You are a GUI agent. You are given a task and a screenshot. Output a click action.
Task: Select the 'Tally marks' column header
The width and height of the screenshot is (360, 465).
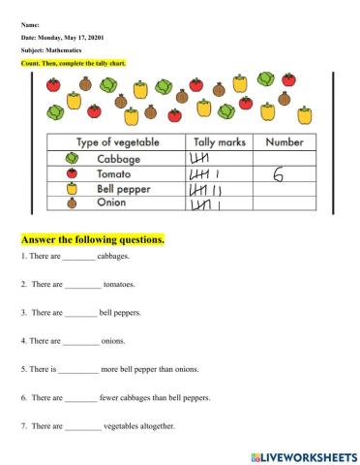(x=216, y=143)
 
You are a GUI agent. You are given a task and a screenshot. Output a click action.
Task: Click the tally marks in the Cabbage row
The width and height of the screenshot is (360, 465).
(x=200, y=159)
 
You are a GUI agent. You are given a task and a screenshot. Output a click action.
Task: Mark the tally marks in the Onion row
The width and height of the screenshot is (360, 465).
(x=206, y=205)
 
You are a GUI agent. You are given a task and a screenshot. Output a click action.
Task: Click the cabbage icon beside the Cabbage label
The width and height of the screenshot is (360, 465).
(x=71, y=159)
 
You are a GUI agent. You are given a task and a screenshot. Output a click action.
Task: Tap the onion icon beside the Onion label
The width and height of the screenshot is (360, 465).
(x=71, y=204)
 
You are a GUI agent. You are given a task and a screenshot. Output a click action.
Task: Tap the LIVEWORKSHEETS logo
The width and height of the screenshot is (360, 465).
(x=299, y=454)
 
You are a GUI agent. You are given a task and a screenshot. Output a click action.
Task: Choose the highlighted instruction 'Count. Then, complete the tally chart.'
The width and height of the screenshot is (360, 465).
(x=74, y=63)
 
